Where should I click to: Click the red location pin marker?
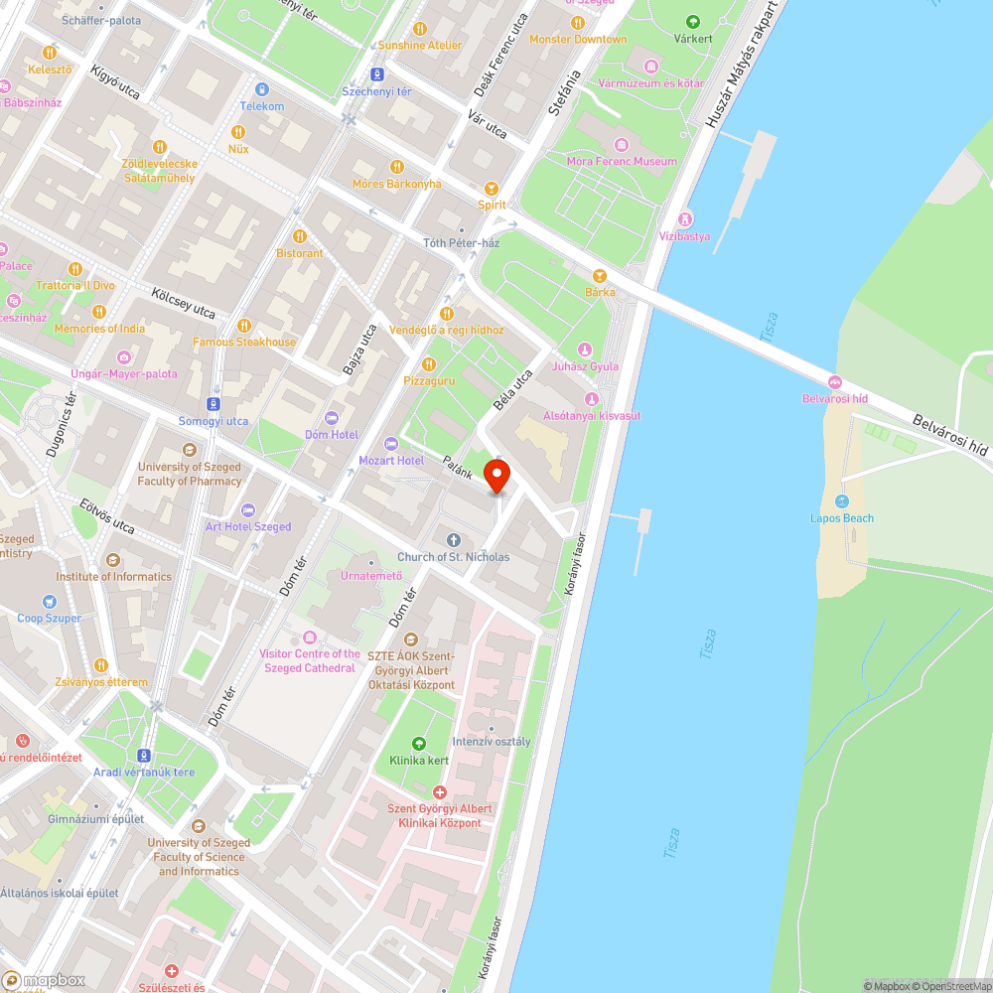tap(496, 476)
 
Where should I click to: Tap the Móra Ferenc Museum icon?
tap(622, 144)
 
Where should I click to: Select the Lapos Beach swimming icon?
tap(842, 501)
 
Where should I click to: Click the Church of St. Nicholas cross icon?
tap(454, 540)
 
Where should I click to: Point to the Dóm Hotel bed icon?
tap(332, 418)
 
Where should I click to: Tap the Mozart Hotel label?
tap(390, 461)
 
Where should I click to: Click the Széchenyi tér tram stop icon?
tap(376, 74)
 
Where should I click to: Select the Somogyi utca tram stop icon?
tap(213, 404)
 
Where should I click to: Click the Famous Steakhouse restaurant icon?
tap(244, 326)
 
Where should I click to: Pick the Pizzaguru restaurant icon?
tap(429, 363)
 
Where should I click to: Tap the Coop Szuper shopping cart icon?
tap(50, 601)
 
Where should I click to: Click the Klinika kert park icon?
tap(418, 743)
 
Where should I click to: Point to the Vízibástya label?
tap(685, 235)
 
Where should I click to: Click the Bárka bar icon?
tap(600, 275)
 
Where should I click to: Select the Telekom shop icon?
tap(261, 89)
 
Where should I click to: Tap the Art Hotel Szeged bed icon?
tap(248, 509)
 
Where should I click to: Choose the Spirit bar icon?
tap(491, 188)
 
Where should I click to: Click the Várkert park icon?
tap(692, 22)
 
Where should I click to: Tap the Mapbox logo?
tap(45, 980)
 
